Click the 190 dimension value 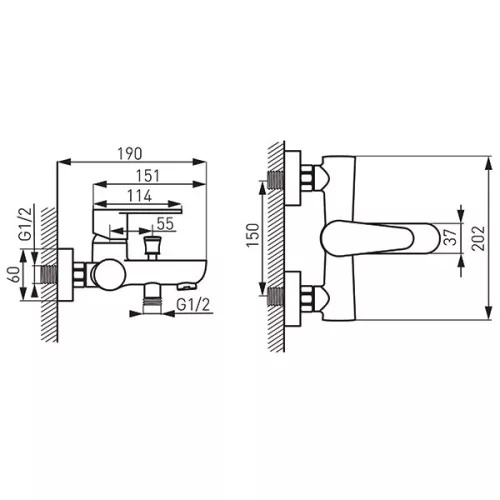pos(130,153)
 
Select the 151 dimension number pos(148,176)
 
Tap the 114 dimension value pos(140,196)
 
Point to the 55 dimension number pos(166,224)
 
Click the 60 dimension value pos(14,275)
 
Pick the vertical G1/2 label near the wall pos(26,224)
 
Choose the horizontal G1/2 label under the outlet pos(193,305)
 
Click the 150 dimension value pos(252,235)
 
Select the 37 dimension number pos(451,237)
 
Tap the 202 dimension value pos(478,238)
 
